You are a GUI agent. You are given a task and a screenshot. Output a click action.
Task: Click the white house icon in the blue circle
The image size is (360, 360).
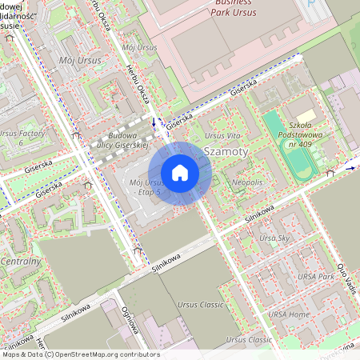180,172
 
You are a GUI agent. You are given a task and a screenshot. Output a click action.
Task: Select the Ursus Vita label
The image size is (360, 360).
222,136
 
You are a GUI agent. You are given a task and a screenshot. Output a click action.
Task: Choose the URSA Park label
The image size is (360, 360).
315,276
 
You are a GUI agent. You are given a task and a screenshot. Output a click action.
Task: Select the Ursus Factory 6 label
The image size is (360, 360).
22,138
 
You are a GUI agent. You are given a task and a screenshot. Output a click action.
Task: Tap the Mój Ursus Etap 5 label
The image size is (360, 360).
146,187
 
